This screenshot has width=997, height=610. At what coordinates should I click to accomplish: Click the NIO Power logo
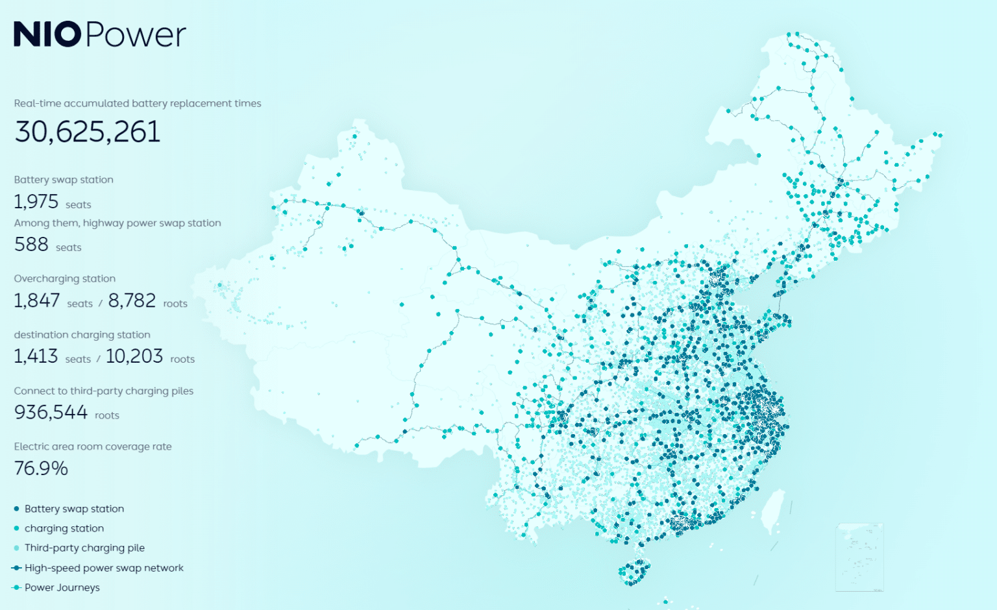[x=99, y=34]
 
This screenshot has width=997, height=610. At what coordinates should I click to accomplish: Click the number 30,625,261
[x=87, y=132]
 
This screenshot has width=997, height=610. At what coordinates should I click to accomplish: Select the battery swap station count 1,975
[x=36, y=202]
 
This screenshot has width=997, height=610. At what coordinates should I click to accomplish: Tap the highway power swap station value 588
[x=31, y=245]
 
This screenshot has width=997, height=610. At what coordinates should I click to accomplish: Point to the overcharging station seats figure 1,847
[x=37, y=301]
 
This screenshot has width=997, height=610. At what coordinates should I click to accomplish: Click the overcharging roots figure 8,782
[x=132, y=301]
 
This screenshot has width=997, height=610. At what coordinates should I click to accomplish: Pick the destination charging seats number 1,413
[x=36, y=357]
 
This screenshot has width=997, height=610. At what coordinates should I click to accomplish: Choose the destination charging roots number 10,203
[x=134, y=357]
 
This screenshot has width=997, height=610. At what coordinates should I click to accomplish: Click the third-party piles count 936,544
[x=51, y=413]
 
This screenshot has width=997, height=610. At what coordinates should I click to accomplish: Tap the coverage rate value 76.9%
[x=41, y=469]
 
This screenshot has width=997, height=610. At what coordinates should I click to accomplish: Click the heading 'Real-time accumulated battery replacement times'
[x=138, y=103]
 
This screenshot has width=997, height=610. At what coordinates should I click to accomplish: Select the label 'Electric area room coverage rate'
[x=93, y=446]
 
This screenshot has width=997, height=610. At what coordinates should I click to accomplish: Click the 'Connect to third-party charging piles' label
[x=104, y=391]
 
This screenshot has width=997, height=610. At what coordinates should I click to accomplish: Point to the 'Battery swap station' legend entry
[x=73, y=509]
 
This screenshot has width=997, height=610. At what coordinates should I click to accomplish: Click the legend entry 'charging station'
[x=64, y=528]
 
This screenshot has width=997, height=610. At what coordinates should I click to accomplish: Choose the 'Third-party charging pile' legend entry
[x=84, y=548]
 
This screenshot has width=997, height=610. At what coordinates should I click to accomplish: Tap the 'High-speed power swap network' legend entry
[x=104, y=568]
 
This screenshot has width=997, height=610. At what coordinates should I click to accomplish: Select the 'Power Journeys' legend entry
[x=62, y=587]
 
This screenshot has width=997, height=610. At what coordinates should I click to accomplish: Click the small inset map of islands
[x=859, y=557]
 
